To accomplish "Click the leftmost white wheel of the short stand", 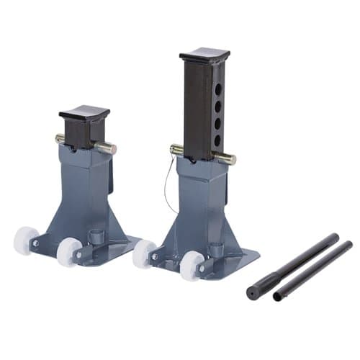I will click(26, 240).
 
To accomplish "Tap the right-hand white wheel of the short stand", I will click(69, 251).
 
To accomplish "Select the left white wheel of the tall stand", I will click(143, 253).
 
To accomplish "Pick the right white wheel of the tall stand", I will click(192, 265).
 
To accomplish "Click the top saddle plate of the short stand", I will click(84, 114).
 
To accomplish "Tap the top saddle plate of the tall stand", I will click(204, 55).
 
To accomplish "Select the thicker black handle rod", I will click(295, 265).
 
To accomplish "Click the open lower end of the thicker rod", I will click(252, 293).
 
